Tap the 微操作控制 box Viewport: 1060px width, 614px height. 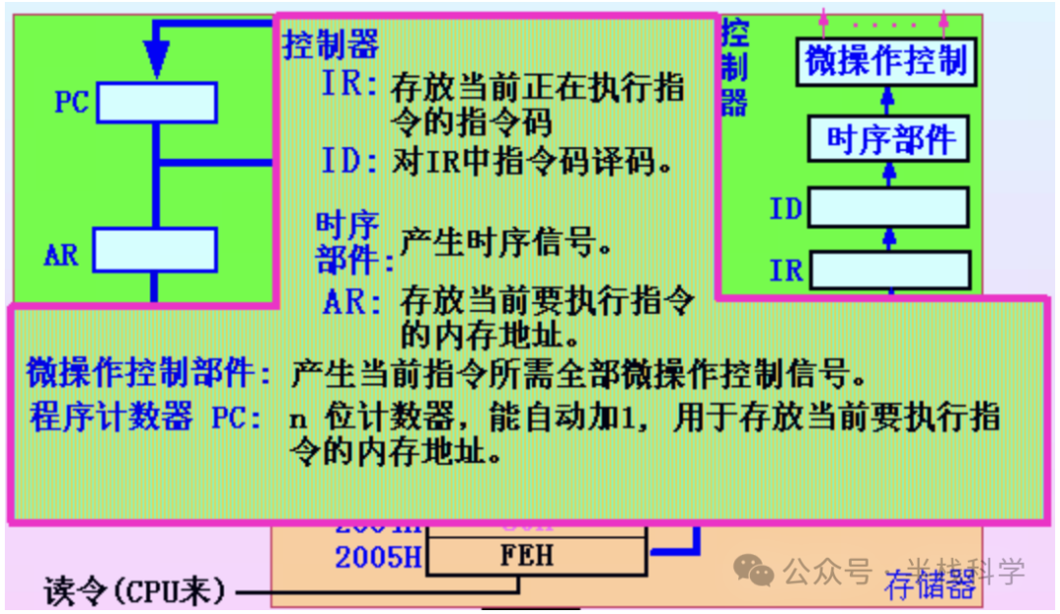(885, 62)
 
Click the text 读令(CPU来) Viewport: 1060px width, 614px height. (135, 591)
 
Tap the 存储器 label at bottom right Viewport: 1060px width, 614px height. (929, 587)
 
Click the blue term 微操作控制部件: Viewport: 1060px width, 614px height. (149, 373)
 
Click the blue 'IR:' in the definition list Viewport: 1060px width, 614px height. (349, 85)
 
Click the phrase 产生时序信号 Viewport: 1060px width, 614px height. (504, 241)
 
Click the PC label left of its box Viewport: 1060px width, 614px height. (72, 102)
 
